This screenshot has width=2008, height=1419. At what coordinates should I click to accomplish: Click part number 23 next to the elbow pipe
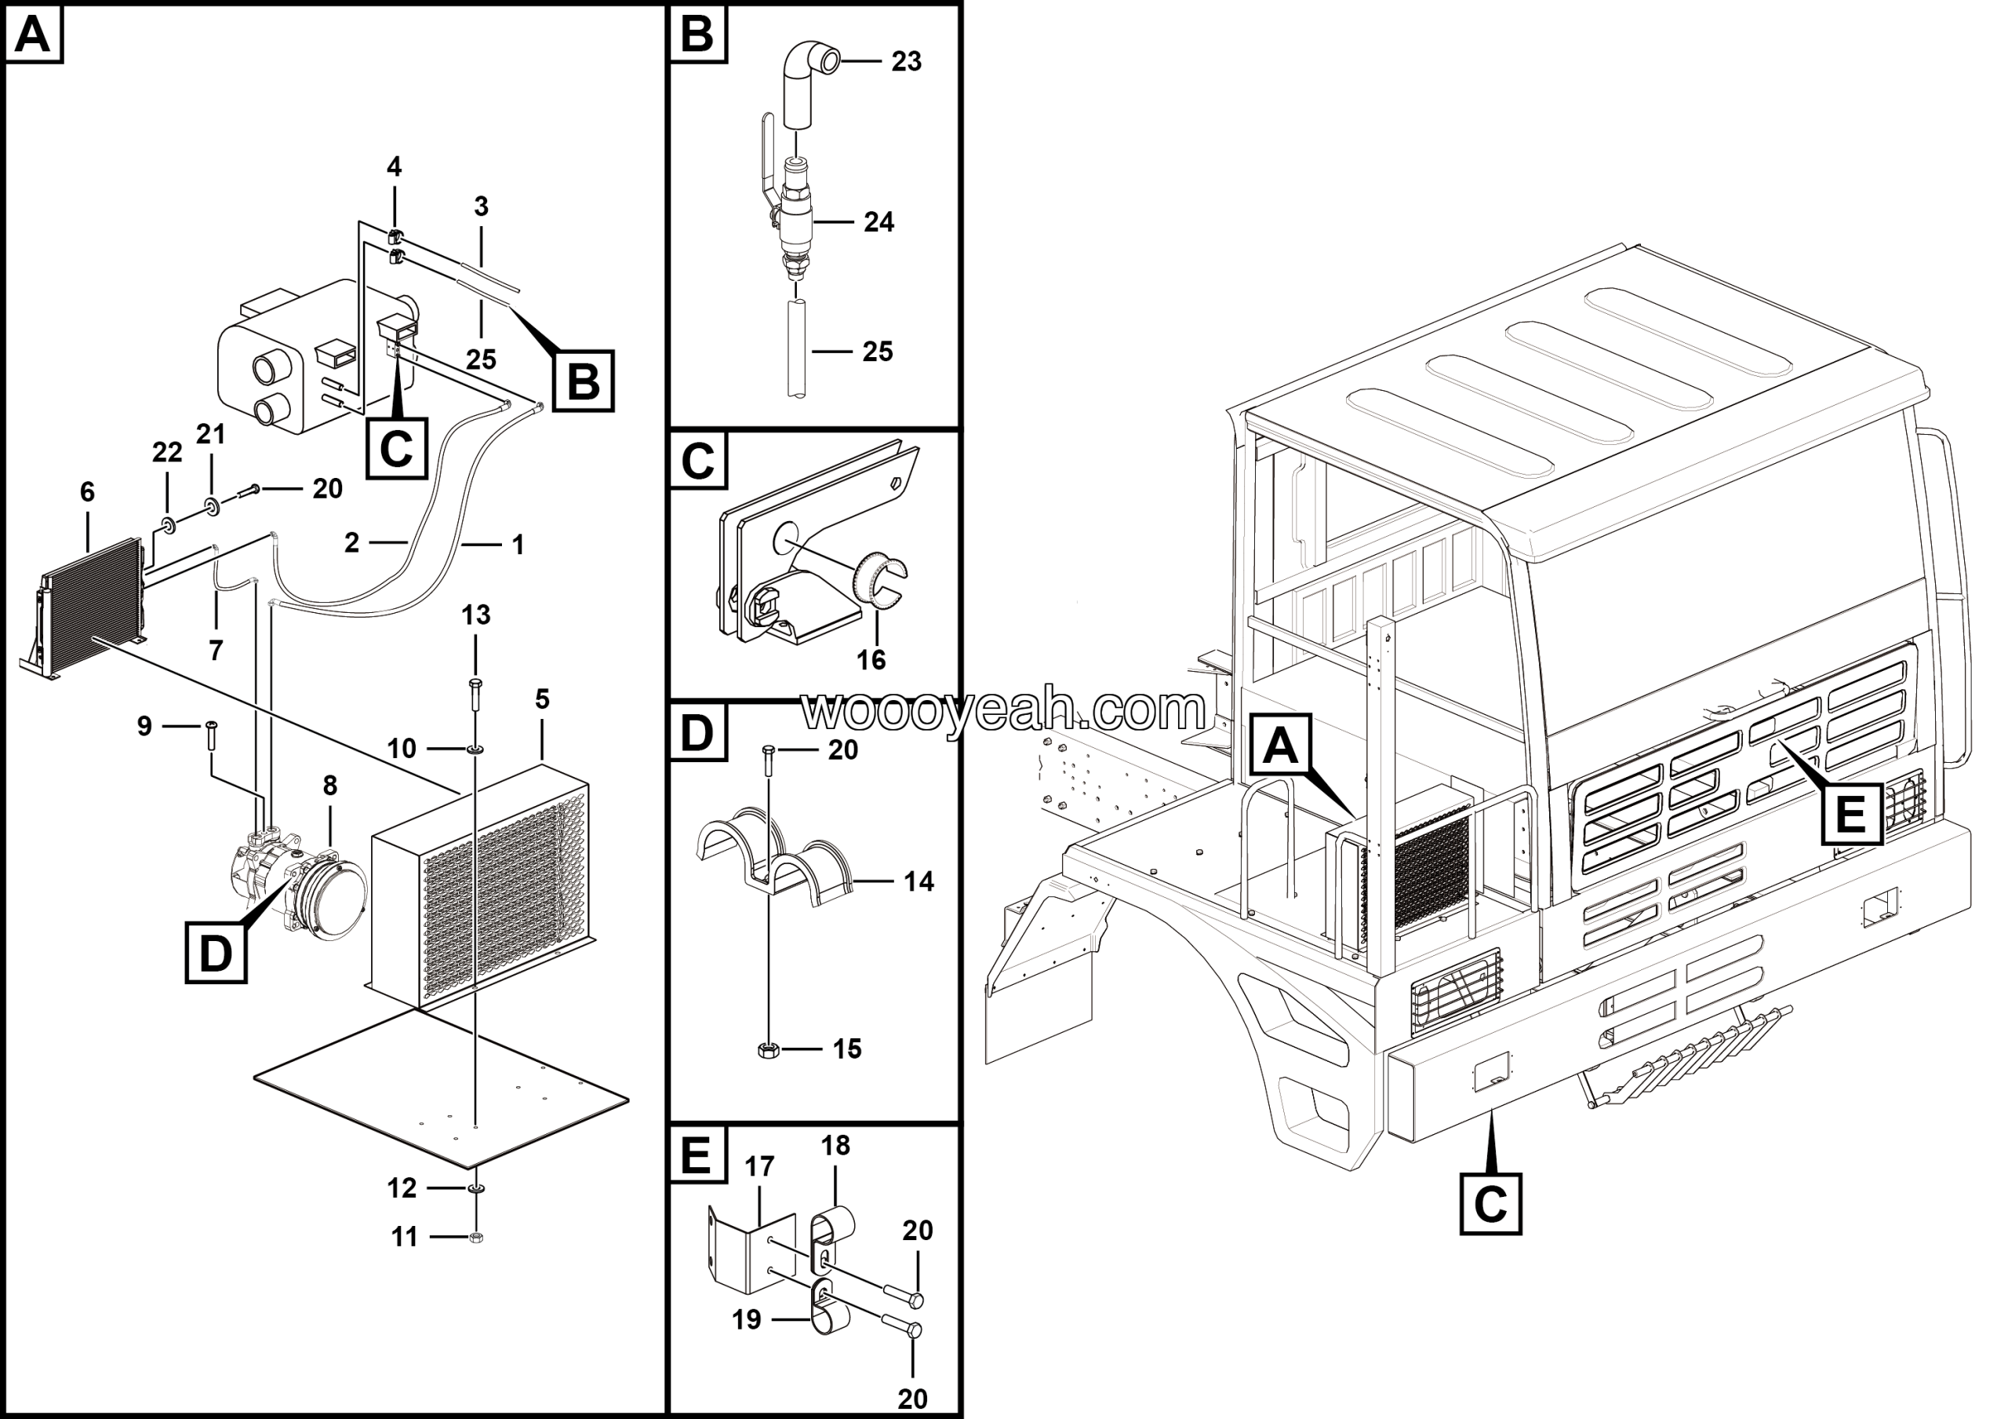pos(906,61)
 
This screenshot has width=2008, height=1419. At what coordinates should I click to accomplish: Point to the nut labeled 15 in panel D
pos(767,1048)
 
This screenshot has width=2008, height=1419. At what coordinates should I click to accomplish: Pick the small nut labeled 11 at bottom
pos(476,1237)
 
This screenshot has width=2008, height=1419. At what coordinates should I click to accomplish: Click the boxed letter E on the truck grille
pos(1850,815)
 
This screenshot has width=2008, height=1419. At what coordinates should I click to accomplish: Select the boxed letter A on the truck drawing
pos(1280,746)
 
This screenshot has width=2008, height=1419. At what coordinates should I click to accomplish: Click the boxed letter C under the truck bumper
pos(1490,1205)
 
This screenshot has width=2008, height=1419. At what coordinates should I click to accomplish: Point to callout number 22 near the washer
pos(167,452)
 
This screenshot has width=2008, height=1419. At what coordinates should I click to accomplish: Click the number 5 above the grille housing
pos(542,699)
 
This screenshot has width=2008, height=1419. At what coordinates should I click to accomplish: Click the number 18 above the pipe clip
pos(835,1145)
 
